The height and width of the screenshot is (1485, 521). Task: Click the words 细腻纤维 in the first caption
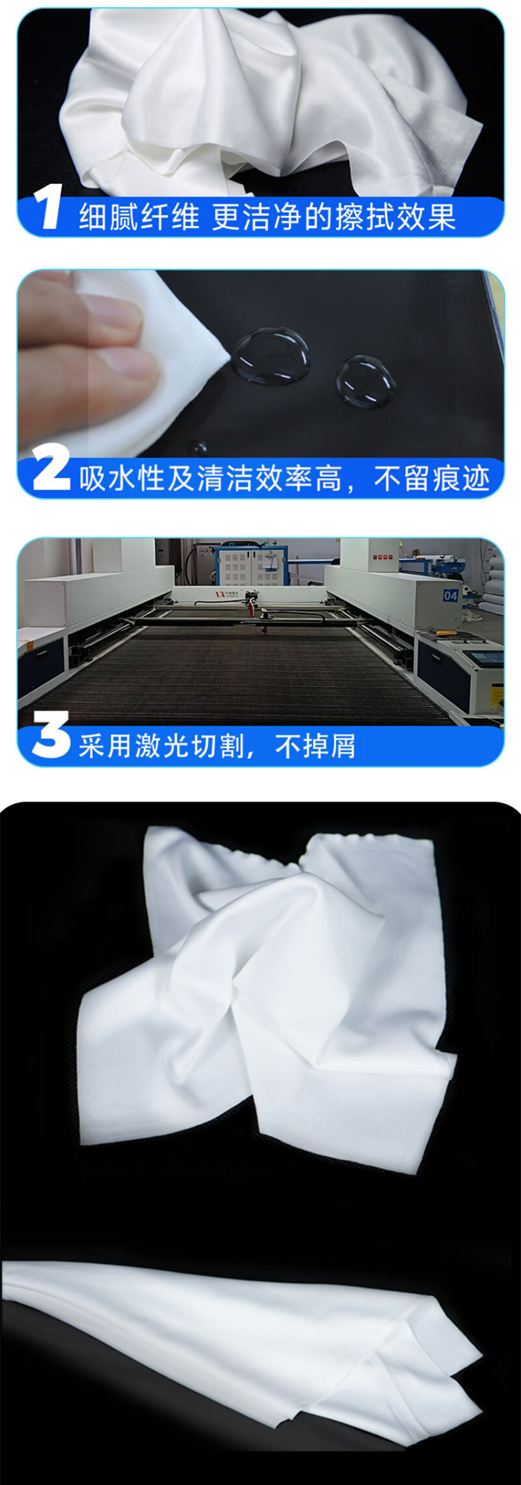pyautogui.click(x=138, y=217)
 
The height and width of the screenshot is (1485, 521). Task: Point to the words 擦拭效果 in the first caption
pyautogui.click(x=395, y=217)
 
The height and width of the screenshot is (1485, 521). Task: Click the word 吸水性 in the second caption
pyautogui.click(x=121, y=478)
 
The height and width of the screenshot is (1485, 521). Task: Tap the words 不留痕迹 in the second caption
pyautogui.click(x=432, y=478)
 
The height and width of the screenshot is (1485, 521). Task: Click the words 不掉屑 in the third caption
pyautogui.click(x=315, y=745)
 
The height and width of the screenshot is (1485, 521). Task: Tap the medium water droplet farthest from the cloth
pyautogui.click(x=365, y=381)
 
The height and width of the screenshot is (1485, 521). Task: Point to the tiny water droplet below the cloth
pyautogui.click(x=197, y=448)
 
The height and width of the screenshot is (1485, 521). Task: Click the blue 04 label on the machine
pyautogui.click(x=450, y=595)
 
